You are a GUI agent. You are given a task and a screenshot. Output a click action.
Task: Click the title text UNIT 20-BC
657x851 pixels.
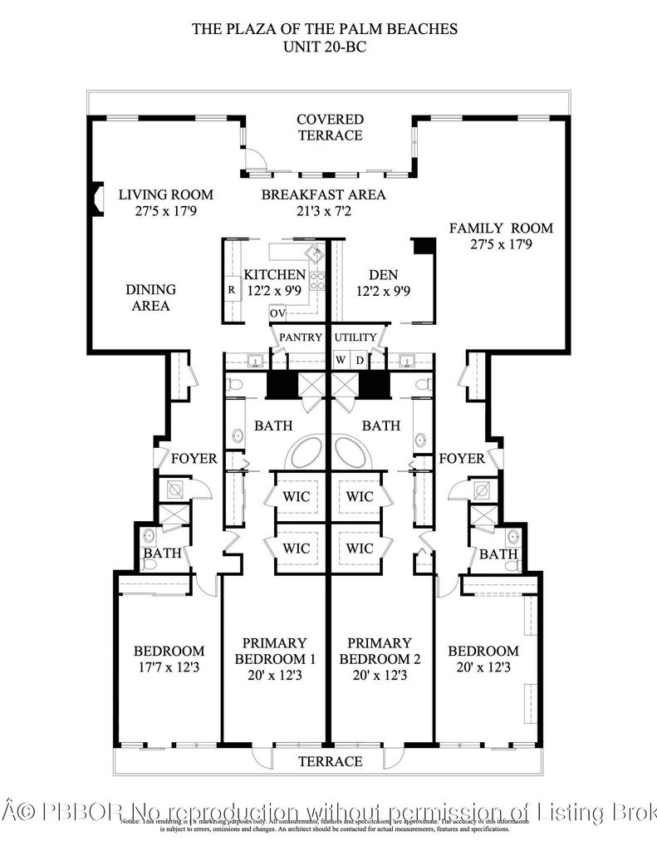point(325,47)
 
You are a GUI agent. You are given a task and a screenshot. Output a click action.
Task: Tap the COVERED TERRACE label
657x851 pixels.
point(330,127)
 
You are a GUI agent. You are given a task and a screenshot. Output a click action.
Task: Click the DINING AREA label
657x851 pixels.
point(150,298)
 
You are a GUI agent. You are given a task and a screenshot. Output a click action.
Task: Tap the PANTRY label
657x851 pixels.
point(300,337)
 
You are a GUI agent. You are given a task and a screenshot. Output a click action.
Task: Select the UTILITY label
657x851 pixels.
point(355,337)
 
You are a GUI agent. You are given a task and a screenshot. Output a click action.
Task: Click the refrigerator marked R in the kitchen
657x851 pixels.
point(231,291)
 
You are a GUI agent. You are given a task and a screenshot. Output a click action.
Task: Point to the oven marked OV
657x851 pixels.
point(277,313)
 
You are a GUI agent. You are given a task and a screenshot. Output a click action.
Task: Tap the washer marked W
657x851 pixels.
point(341,360)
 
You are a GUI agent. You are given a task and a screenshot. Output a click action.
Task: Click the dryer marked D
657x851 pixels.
point(359,360)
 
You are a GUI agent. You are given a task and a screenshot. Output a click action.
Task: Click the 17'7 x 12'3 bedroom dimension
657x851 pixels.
point(169,667)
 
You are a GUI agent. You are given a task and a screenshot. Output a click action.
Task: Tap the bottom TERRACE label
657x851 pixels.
point(330,761)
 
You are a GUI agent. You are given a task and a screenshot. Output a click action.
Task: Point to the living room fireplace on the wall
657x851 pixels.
point(96,200)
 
